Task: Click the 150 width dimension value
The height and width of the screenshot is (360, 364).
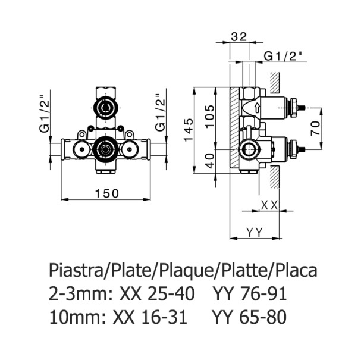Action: [106, 193]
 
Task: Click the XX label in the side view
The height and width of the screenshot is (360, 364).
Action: [270, 205]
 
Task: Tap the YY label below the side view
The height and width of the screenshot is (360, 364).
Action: [254, 231]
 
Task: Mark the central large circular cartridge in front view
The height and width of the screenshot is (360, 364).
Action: [105, 148]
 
